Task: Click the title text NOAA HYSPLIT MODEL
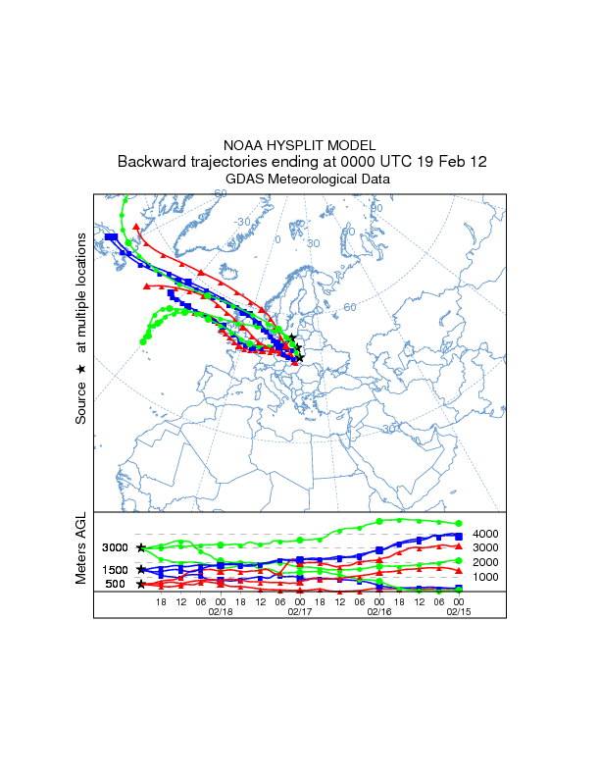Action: (300, 145)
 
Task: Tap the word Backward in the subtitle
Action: (154, 162)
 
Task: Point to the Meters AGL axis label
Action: (81, 552)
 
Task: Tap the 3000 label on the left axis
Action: (115, 547)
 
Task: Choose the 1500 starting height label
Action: (115, 569)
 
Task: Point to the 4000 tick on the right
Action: (488, 534)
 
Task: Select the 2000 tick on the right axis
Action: (488, 562)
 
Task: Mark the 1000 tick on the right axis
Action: (488, 577)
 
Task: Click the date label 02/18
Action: (220, 609)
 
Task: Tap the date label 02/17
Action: (299, 609)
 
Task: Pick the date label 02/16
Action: (378, 609)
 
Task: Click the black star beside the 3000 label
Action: (141, 547)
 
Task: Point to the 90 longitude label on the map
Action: (376, 208)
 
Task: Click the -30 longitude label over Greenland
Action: (243, 222)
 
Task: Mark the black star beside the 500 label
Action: (141, 584)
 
